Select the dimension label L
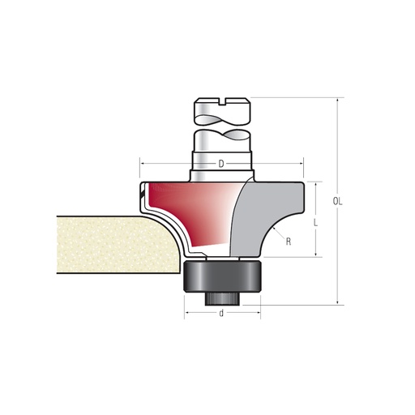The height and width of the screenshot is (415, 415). point(314,220)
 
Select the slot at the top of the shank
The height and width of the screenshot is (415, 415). point(221,102)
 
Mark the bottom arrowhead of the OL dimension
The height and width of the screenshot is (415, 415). point(334,303)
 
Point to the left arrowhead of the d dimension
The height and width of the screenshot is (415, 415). point(186,312)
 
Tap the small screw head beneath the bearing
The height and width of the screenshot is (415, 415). point(221,297)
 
